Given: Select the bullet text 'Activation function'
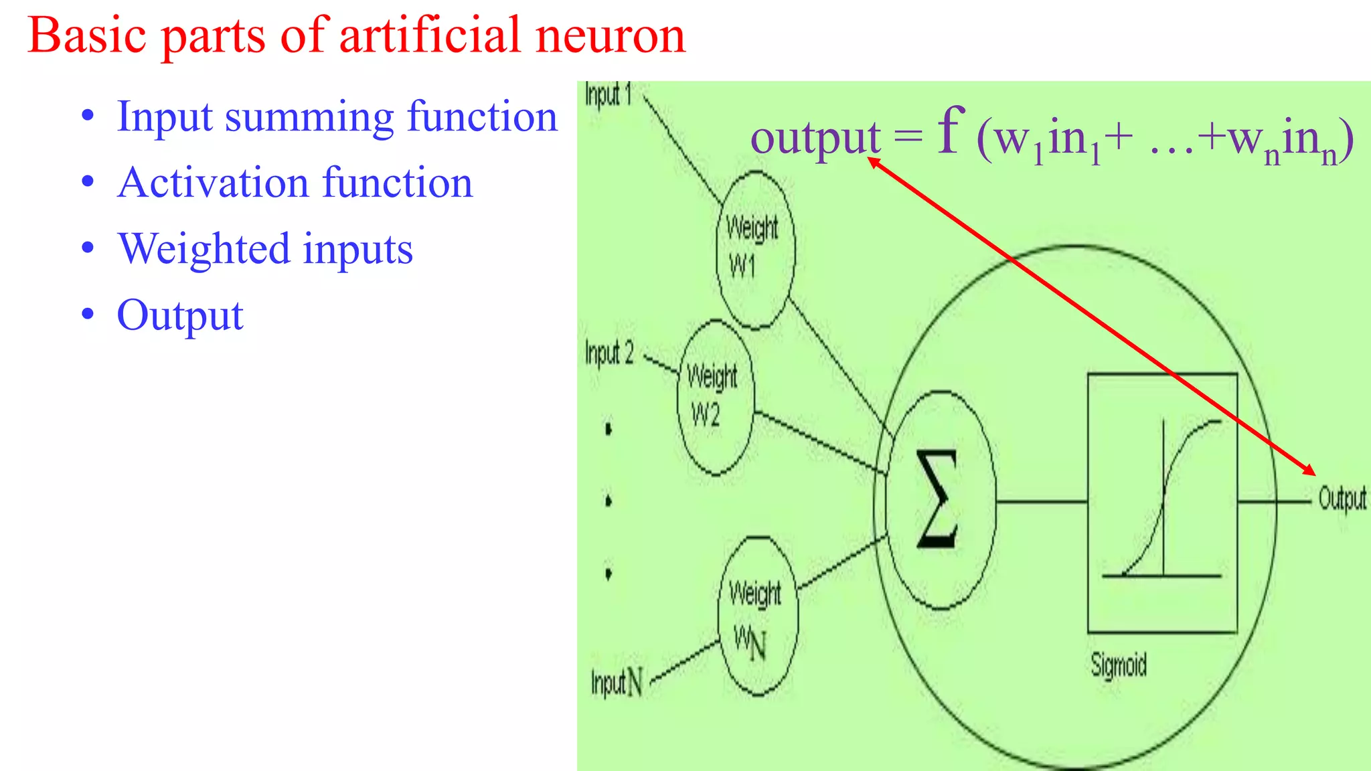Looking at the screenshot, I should pyautogui.click(x=295, y=183).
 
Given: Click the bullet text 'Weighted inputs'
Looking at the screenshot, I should pyautogui.click(x=265, y=249).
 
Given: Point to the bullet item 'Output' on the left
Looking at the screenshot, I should pyautogui.click(x=179, y=315).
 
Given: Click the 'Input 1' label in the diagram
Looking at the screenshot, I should pyautogui.click(x=608, y=94).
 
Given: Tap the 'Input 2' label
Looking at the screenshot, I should pyautogui.click(x=609, y=353).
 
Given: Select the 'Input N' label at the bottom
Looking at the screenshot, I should pyautogui.click(x=617, y=683).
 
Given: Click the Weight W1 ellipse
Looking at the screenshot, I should pyautogui.click(x=755, y=250).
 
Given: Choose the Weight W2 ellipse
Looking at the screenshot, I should pyautogui.click(x=715, y=398).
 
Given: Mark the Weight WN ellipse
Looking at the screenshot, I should pyautogui.click(x=757, y=616).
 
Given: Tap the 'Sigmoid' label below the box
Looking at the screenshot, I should pyautogui.click(x=1118, y=665).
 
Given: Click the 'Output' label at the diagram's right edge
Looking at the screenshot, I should pyautogui.click(x=1342, y=499).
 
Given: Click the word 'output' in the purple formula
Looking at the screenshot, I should pyautogui.click(x=815, y=139).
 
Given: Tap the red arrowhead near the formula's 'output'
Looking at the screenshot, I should pyautogui.click(x=873, y=161).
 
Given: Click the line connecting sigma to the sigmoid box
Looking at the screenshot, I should pyautogui.click(x=1041, y=501).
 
